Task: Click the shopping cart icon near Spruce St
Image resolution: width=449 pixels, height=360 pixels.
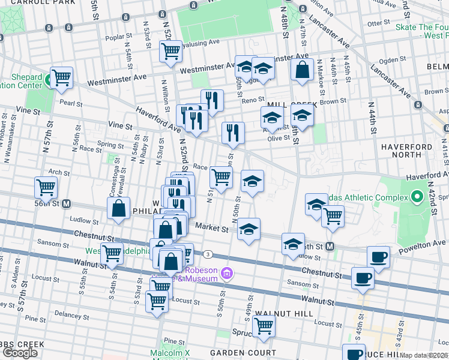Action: tap(264, 326)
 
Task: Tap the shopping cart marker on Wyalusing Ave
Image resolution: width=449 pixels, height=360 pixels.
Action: tap(171, 51)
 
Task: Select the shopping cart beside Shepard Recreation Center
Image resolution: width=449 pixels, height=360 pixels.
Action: tap(61, 77)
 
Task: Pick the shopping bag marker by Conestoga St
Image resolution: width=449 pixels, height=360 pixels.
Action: tap(119, 209)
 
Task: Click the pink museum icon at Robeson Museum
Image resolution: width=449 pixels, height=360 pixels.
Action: tap(226, 274)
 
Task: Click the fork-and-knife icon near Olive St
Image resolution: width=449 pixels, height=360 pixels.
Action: tap(233, 133)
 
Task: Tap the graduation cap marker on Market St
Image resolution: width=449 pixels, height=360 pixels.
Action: tap(249, 229)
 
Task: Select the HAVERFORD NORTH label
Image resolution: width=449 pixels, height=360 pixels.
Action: tap(406, 151)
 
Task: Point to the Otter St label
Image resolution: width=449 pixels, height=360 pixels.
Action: tap(379, 23)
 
